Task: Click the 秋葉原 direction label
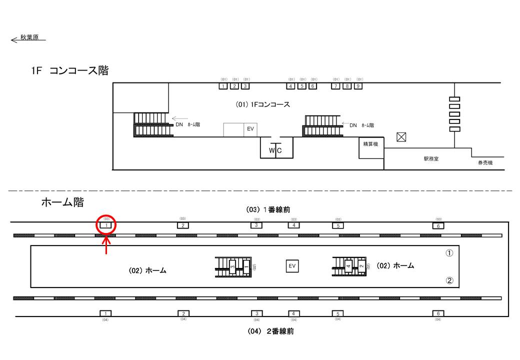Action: click(29, 37)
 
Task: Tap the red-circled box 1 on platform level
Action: click(105, 225)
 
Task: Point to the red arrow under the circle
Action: click(106, 245)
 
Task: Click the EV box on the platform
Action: click(292, 265)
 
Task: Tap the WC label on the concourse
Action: click(275, 150)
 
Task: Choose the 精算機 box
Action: click(370, 143)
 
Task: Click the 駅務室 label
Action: click(430, 159)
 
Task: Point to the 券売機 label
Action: click(485, 162)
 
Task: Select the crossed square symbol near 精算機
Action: click(401, 137)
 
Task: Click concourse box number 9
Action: click(358, 86)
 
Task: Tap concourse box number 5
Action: click(301, 86)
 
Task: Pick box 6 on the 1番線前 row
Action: click(438, 225)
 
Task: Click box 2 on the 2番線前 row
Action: click(183, 313)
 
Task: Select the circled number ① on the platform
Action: click(449, 253)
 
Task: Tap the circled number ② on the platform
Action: click(449, 280)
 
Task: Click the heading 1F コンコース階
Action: click(69, 71)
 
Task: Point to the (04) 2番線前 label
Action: click(270, 331)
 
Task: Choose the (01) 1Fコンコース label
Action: click(262, 104)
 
